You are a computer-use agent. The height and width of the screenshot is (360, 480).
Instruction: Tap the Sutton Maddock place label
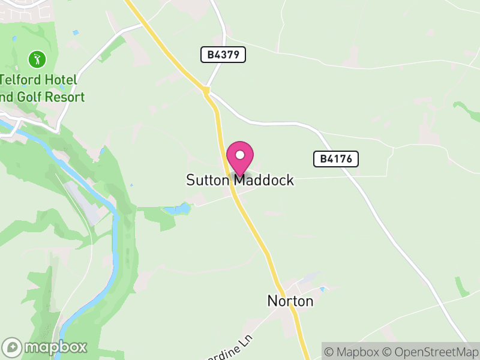[240, 180]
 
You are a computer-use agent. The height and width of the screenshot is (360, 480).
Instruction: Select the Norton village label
[290, 301]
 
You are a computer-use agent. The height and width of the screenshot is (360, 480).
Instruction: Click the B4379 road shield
[223, 55]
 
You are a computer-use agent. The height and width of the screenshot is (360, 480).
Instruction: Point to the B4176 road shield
[336, 159]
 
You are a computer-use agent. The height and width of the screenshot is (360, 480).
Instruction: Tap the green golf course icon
[37, 59]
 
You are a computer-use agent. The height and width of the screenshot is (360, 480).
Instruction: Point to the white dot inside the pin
[240, 155]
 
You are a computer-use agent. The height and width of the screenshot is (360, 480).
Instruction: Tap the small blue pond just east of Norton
[322, 290]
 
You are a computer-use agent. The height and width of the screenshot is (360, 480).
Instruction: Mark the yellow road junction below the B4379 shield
[206, 91]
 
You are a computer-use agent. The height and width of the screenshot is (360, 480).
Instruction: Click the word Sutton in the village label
[208, 180]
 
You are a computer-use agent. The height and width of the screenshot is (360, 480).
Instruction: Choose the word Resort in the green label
[67, 97]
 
